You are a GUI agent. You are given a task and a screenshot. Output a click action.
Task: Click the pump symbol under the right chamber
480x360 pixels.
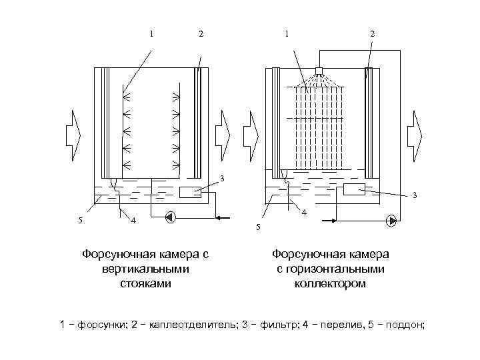pyautogui.click(x=391, y=219)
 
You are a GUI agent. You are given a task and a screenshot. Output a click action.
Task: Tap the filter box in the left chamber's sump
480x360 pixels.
pyautogui.click(x=190, y=192)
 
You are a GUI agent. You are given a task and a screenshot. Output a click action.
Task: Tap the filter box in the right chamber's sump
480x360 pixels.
pyautogui.click(x=354, y=189)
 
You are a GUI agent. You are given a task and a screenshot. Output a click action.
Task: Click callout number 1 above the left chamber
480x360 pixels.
pyautogui.click(x=152, y=33)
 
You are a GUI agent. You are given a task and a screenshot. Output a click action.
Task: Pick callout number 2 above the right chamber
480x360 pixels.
pyautogui.click(x=372, y=33)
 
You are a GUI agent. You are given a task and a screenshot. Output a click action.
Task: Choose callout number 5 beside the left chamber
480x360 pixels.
pyautogui.click(x=81, y=221)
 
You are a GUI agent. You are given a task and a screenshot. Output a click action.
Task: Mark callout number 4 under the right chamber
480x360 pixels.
pyautogui.click(x=304, y=213)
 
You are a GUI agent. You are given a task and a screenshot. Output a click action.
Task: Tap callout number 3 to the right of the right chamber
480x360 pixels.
pyautogui.click(x=414, y=195)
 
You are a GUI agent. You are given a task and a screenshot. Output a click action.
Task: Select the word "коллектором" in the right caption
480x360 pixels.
pyautogui.click(x=330, y=283)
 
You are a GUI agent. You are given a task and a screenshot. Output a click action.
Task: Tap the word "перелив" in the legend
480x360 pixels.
pyautogui.click(x=334, y=325)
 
